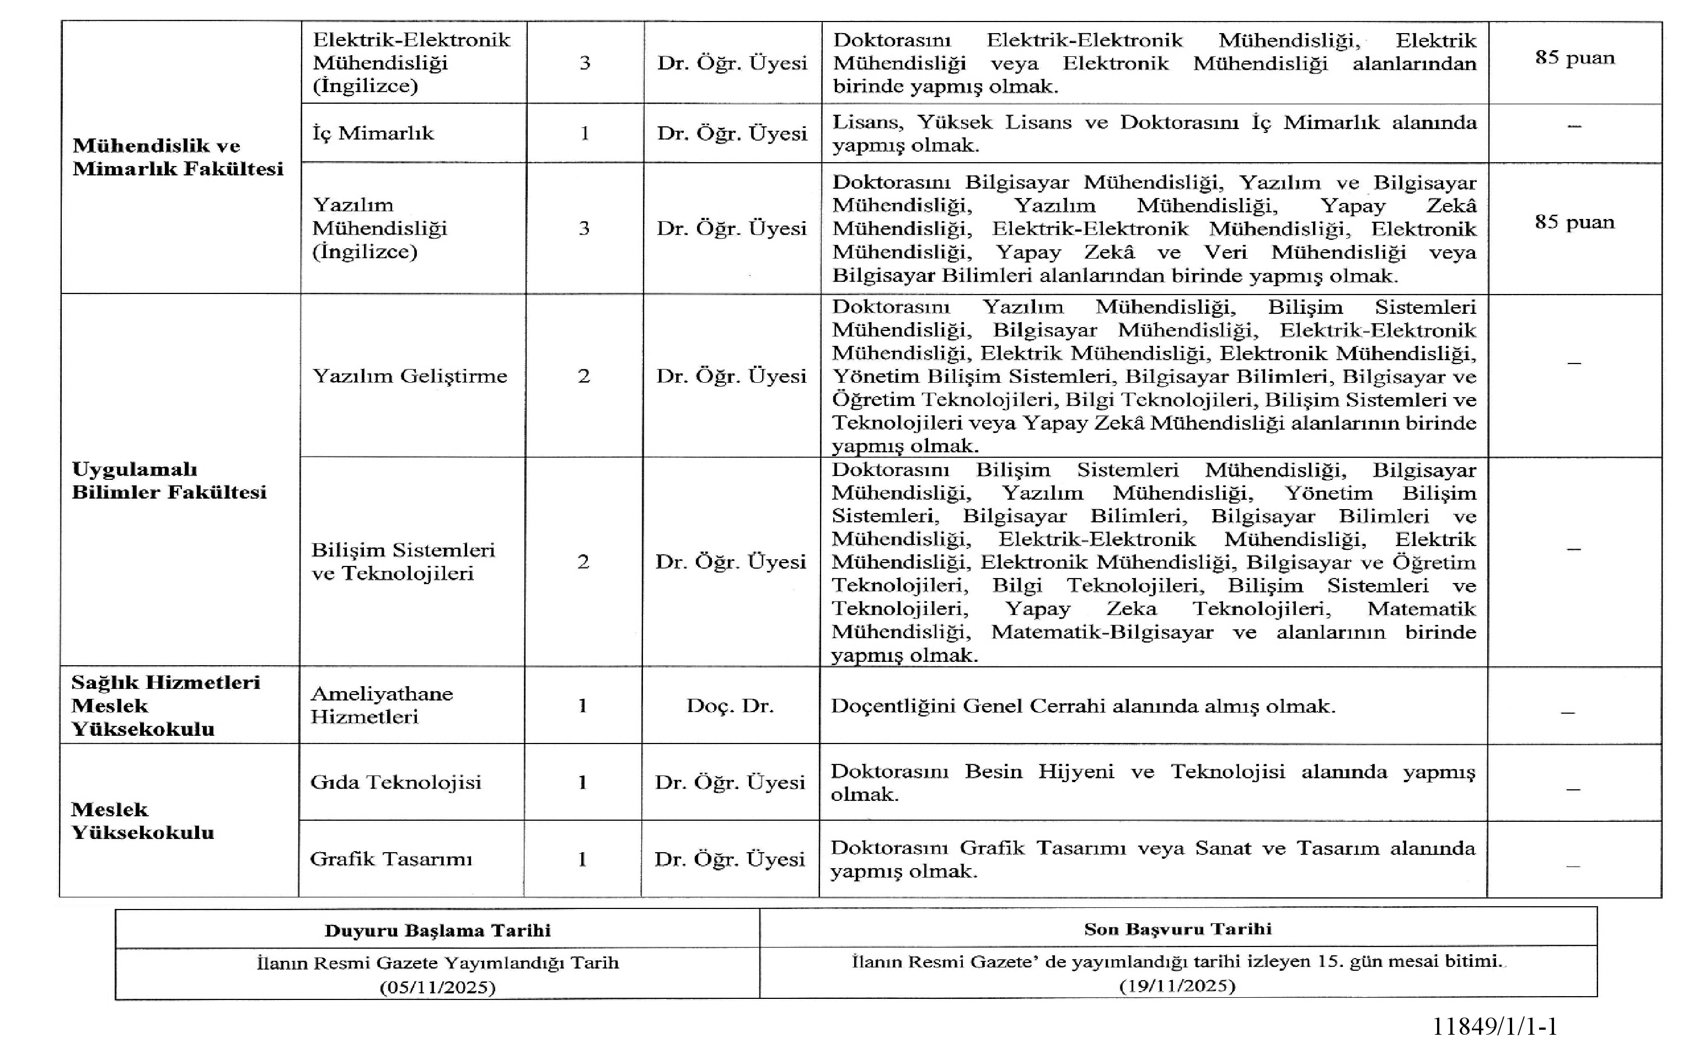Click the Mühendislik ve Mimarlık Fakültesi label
178,157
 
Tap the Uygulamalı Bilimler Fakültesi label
169,480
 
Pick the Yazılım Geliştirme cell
410,376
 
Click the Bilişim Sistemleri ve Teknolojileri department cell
403,561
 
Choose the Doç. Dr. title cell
730,705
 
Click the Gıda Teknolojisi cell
395,782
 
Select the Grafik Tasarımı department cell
390,859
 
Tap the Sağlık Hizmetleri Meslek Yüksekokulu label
165,705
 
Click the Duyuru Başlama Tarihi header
437,930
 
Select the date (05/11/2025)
437,987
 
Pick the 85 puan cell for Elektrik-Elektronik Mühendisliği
1574,57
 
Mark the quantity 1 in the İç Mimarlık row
585,133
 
